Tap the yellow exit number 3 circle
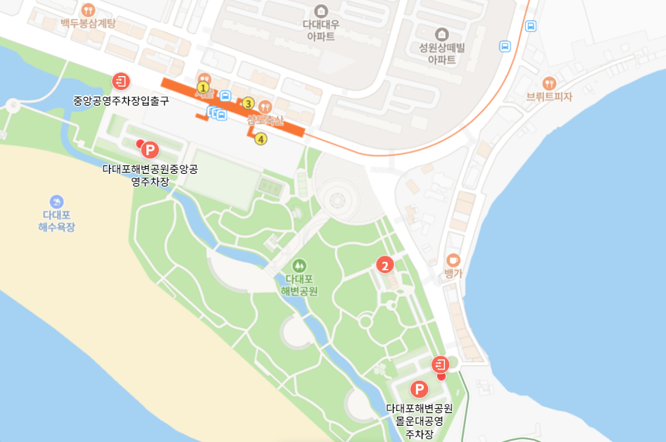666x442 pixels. (x=248, y=103)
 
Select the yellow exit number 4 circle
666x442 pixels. (x=261, y=139)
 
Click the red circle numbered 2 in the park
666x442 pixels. (x=384, y=265)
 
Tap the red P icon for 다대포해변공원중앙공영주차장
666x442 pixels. (x=149, y=150)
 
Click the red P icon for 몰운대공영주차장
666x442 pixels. (x=420, y=389)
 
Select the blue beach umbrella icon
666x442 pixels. (x=56, y=202)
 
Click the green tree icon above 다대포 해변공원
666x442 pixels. (x=299, y=265)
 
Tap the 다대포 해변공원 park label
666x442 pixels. (x=299, y=285)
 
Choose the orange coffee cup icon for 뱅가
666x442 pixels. (x=453, y=260)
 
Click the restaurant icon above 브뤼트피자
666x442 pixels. (x=550, y=82)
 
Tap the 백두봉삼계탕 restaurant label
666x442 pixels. (x=88, y=23)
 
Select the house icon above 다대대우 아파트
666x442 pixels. (x=321, y=11)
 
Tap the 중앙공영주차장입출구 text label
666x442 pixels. (x=121, y=100)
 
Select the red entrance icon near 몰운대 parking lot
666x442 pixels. (x=440, y=364)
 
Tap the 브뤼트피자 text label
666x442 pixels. (x=550, y=97)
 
